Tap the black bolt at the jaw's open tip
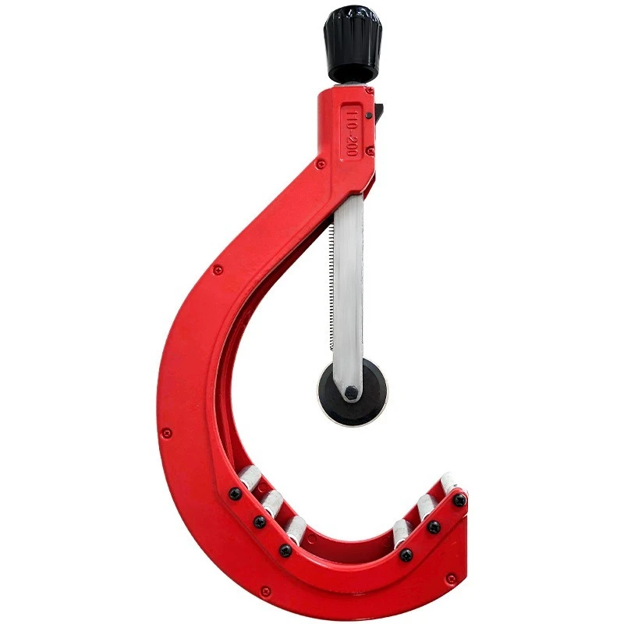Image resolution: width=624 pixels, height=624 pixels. click(460, 500)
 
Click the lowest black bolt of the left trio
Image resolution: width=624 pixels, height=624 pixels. click(285, 550)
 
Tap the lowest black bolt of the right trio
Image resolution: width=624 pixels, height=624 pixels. click(406, 555)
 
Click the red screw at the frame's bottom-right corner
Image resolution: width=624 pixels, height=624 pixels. click(451, 579)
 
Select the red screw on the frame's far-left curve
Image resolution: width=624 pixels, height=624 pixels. click(166, 432)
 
